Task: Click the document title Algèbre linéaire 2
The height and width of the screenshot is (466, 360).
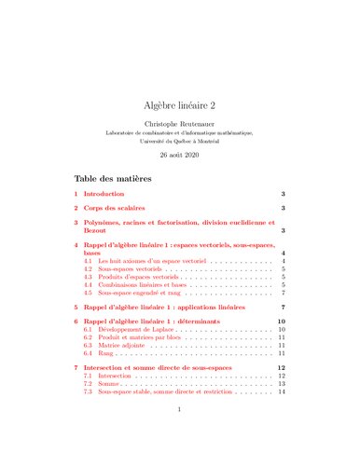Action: pyautogui.click(x=179, y=108)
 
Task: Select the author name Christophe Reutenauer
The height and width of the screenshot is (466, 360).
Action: pyautogui.click(x=179, y=125)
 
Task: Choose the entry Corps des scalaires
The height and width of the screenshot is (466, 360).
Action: pyautogui.click(x=130, y=208)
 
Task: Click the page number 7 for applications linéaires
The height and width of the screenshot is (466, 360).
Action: pyautogui.click(x=282, y=307)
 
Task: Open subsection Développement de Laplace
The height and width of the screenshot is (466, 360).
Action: pyautogui.click(x=136, y=331)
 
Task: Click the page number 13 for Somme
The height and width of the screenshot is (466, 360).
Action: pyautogui.click(x=280, y=384)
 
